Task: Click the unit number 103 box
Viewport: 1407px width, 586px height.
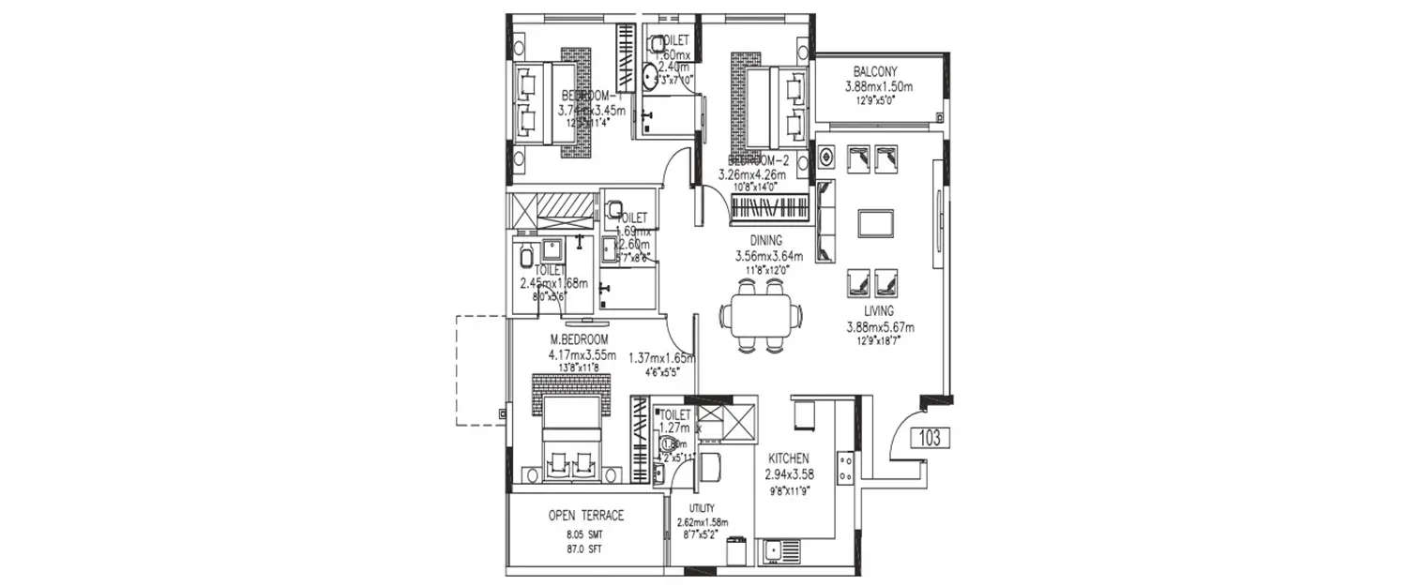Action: click(930, 438)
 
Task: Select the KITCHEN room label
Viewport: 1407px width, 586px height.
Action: click(789, 458)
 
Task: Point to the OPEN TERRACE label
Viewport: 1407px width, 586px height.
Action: click(585, 516)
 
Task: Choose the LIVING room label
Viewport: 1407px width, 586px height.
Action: click(879, 310)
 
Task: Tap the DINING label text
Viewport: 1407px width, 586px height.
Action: click(765, 240)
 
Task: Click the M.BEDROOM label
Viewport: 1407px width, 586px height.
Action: click(579, 338)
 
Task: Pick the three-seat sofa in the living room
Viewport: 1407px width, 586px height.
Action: click(826, 221)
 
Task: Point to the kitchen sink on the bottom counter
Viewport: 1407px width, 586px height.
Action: click(775, 552)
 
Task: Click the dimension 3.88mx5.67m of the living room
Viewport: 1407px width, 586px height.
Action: click(879, 327)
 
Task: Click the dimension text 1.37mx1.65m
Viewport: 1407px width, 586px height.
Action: click(661, 358)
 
